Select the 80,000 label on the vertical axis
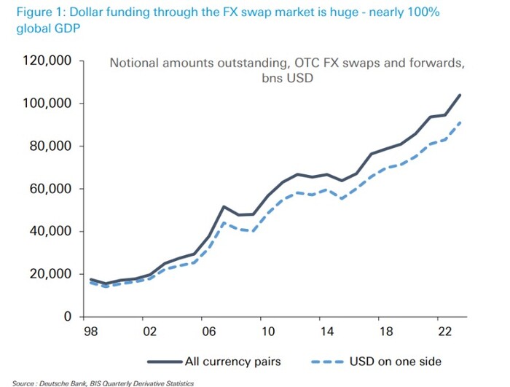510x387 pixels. [52, 146]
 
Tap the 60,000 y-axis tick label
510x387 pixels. [52, 189]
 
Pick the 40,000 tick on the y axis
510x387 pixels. [52, 232]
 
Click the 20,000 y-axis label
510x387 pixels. [52, 274]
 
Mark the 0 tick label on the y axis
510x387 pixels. [67, 317]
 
